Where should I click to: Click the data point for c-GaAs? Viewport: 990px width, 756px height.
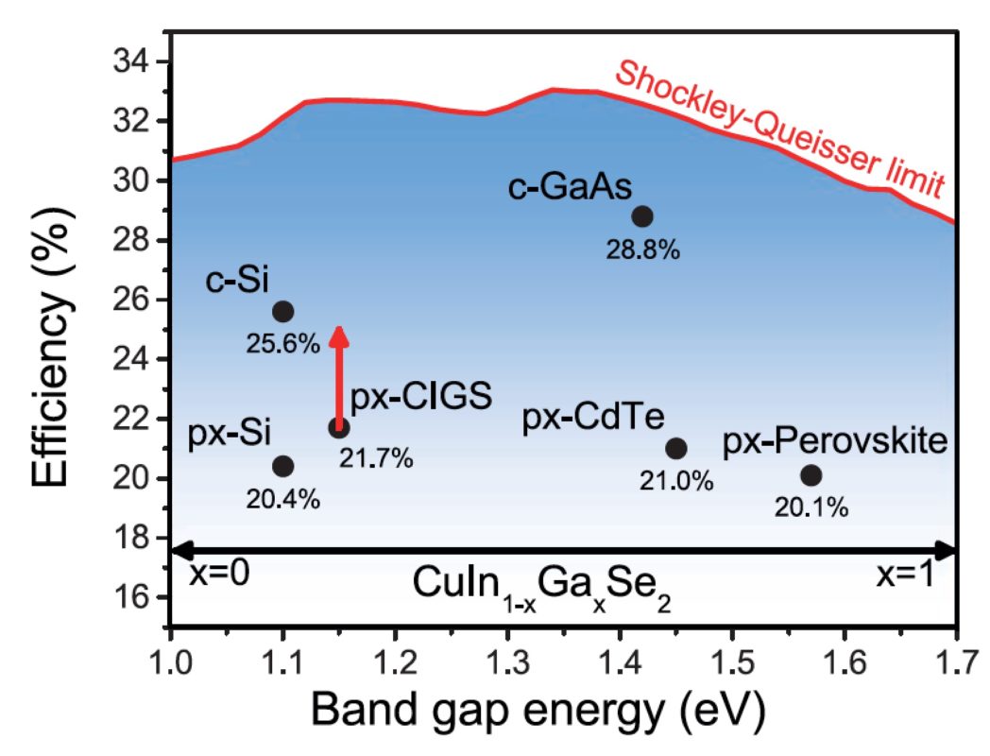[x=642, y=215]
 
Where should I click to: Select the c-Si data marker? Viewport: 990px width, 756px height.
[x=282, y=311]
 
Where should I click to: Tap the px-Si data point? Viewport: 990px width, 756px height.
[x=282, y=465]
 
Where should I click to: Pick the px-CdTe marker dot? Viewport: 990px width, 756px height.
[x=676, y=448]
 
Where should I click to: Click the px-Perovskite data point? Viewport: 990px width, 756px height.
[x=811, y=474]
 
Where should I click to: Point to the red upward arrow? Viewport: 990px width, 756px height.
[x=339, y=373]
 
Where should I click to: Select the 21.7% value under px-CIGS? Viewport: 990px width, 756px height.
[x=376, y=458]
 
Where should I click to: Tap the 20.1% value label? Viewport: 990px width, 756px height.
[x=811, y=507]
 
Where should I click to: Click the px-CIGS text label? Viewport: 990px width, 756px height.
[x=421, y=398]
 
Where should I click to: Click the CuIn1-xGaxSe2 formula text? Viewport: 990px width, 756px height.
[x=541, y=587]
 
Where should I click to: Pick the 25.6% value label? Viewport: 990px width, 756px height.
[x=283, y=344]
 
